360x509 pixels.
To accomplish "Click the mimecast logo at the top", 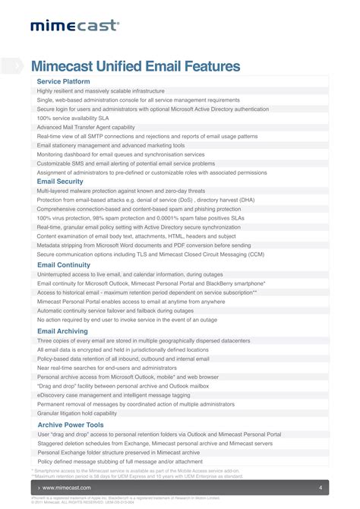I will (74, 26).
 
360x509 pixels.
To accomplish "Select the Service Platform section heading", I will (64, 81).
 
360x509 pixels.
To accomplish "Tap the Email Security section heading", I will (60, 182).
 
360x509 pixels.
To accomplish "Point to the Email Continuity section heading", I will (65, 264).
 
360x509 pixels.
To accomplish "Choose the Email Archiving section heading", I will (63, 331).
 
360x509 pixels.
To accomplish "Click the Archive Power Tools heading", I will (71, 425).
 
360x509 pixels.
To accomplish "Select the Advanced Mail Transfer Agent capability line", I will (86, 127).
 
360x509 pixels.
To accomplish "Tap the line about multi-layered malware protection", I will (121, 191).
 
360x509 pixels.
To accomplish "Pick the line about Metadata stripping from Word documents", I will (144, 245).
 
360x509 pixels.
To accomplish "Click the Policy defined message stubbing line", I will (120, 461).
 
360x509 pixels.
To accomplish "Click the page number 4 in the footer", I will (321, 487).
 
